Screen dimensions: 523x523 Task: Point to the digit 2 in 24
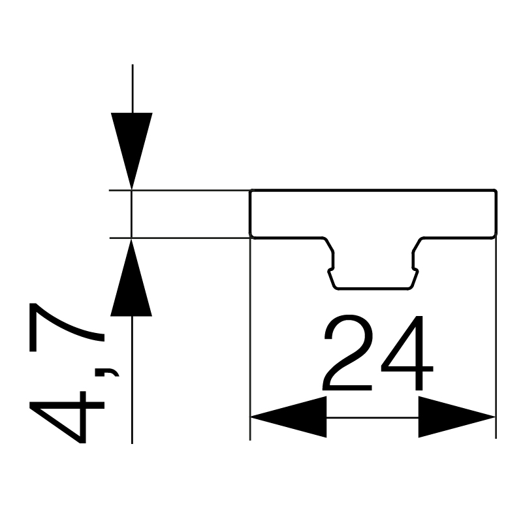click(x=347, y=352)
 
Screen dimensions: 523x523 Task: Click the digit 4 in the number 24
click(x=407, y=353)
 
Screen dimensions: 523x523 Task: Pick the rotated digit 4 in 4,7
click(x=67, y=417)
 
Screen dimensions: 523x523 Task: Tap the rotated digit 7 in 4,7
click(x=67, y=327)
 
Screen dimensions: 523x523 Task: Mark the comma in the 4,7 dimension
click(x=107, y=372)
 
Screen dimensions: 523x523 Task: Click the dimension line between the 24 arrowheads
click(x=373, y=417)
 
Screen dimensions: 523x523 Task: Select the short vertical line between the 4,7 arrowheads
click(x=131, y=214)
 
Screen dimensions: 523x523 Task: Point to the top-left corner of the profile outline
click(x=251, y=190)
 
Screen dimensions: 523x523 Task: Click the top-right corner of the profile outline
click(x=497, y=190)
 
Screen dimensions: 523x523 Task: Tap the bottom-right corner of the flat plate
click(x=496, y=238)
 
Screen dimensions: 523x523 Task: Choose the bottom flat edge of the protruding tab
click(x=373, y=288)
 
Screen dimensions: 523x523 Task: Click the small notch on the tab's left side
click(x=330, y=270)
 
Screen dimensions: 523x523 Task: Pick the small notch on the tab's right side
click(x=416, y=270)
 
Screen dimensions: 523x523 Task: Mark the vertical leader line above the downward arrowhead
click(x=133, y=88)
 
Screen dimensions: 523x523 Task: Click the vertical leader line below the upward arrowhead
click(x=132, y=379)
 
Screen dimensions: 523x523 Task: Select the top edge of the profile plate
click(x=373, y=190)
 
